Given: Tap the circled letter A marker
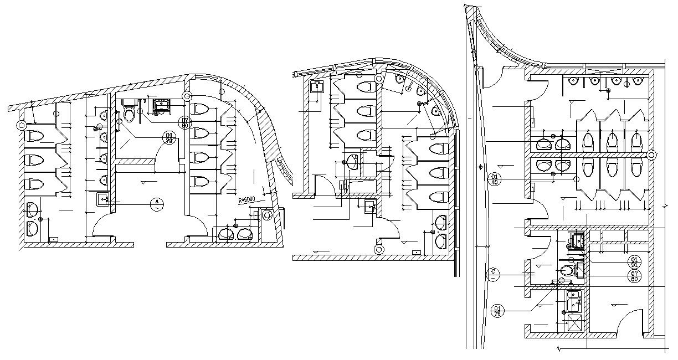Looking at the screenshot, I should [x=158, y=204].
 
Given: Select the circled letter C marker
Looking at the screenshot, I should [x=493, y=275].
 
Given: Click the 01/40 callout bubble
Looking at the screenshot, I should [x=494, y=179].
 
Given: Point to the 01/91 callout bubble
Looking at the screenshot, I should [x=634, y=261].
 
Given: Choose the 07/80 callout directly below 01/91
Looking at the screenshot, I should [x=634, y=276].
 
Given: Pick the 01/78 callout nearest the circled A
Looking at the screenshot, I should [x=167, y=137].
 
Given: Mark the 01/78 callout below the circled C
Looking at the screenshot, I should [x=497, y=311].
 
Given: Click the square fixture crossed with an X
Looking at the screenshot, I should [x=574, y=323].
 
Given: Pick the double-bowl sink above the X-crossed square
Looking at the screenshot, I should [x=573, y=301].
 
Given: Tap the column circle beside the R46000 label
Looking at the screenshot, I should [x=268, y=214].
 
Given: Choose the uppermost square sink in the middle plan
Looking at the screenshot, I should [x=317, y=86].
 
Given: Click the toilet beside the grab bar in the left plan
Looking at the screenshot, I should [x=129, y=115].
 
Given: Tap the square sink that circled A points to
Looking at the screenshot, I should [x=103, y=199].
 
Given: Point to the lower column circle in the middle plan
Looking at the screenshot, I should [x=379, y=249].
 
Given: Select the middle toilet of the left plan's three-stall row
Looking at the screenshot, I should [x=35, y=160].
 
